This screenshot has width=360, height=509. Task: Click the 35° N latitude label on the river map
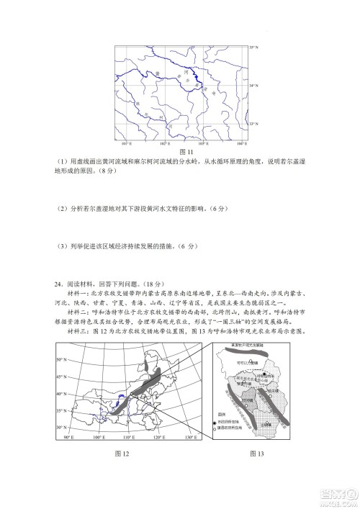(253, 48)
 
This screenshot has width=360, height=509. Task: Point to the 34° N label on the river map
(253, 85)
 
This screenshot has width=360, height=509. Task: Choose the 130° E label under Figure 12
(190, 438)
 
